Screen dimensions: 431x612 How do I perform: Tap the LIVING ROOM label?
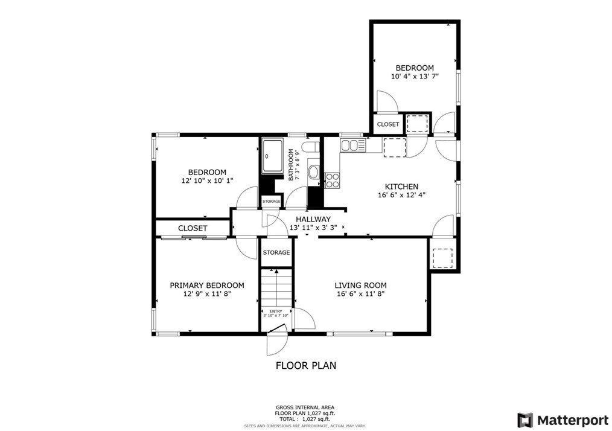coord(360,286)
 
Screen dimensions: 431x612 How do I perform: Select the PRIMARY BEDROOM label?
coord(206,286)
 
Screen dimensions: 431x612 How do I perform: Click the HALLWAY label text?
coord(313,219)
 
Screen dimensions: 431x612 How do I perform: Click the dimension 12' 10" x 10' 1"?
coord(206,180)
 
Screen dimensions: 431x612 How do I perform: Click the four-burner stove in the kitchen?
coord(333,179)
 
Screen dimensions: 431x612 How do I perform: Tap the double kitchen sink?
coord(352,145)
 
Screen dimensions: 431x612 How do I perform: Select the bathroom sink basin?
coord(313,173)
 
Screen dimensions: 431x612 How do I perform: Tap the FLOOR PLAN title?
coord(305,365)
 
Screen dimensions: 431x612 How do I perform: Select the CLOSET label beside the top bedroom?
coord(387,124)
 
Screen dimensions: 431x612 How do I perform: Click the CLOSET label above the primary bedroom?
coord(193,228)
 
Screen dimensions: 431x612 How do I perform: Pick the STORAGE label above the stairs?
coord(276,252)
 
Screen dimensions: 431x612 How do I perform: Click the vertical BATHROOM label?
coord(291,165)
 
